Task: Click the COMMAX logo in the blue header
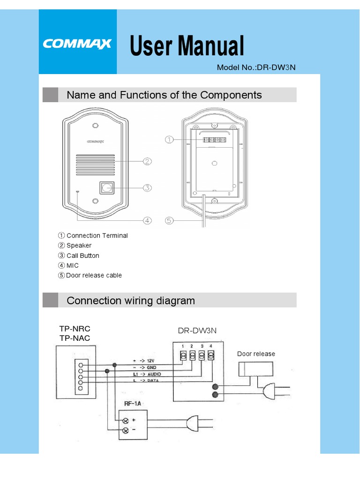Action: tap(77, 44)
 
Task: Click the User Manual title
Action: tap(187, 46)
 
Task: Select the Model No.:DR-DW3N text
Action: tap(256, 67)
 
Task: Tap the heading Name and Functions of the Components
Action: tap(164, 95)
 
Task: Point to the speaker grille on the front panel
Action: tap(95, 164)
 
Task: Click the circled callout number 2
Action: tap(147, 162)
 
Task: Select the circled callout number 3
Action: tap(147, 188)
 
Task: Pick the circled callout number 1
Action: tap(169, 139)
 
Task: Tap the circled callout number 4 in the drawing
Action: tap(147, 220)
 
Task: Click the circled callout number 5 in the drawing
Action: tap(169, 220)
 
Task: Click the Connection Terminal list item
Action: tap(93, 236)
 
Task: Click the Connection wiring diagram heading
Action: tap(131, 300)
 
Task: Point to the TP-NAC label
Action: tap(75, 338)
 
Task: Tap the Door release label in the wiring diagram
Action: tap(256, 354)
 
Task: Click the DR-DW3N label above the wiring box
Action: tap(197, 330)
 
